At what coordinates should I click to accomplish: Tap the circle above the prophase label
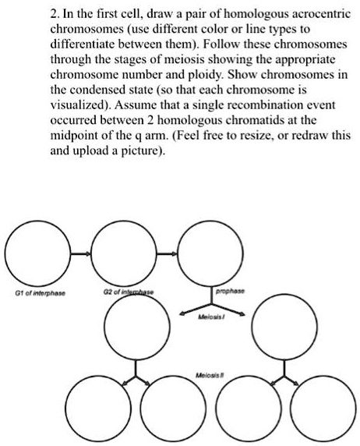click(x=205, y=254)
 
